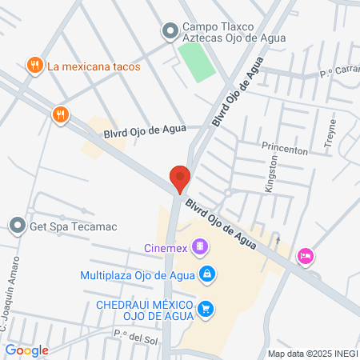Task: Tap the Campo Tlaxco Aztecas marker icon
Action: pos(170,31)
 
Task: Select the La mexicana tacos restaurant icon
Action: pos(34,66)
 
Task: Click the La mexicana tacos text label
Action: pos(94,66)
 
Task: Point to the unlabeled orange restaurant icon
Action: pos(60,114)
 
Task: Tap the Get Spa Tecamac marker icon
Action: pos(17,226)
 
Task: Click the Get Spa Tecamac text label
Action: pos(73,226)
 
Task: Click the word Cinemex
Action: pos(166,248)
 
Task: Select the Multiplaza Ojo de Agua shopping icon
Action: pos(206,275)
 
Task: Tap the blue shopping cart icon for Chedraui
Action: pos(206,308)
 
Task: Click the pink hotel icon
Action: pos(305,256)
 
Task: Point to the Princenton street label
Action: pos(284,150)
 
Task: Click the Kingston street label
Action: pos(272,173)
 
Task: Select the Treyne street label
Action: pos(331,132)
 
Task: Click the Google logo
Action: pos(26,350)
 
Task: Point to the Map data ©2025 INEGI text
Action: pos(312,354)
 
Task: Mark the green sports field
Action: pos(196,62)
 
